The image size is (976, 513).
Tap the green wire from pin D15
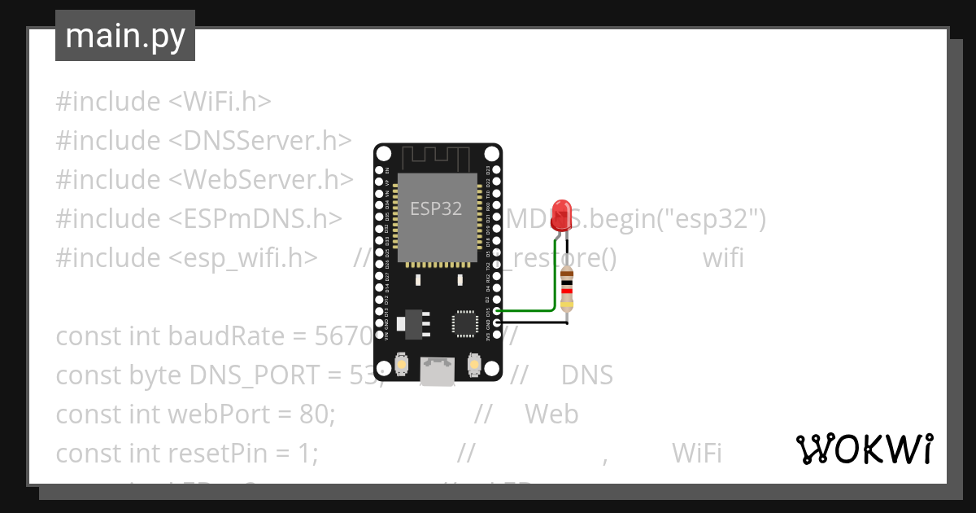tap(529, 310)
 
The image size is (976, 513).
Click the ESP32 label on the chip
tap(436, 208)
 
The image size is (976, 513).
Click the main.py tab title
tap(125, 36)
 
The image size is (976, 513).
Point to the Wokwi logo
tap(864, 449)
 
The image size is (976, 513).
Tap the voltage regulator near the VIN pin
tap(407, 322)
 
